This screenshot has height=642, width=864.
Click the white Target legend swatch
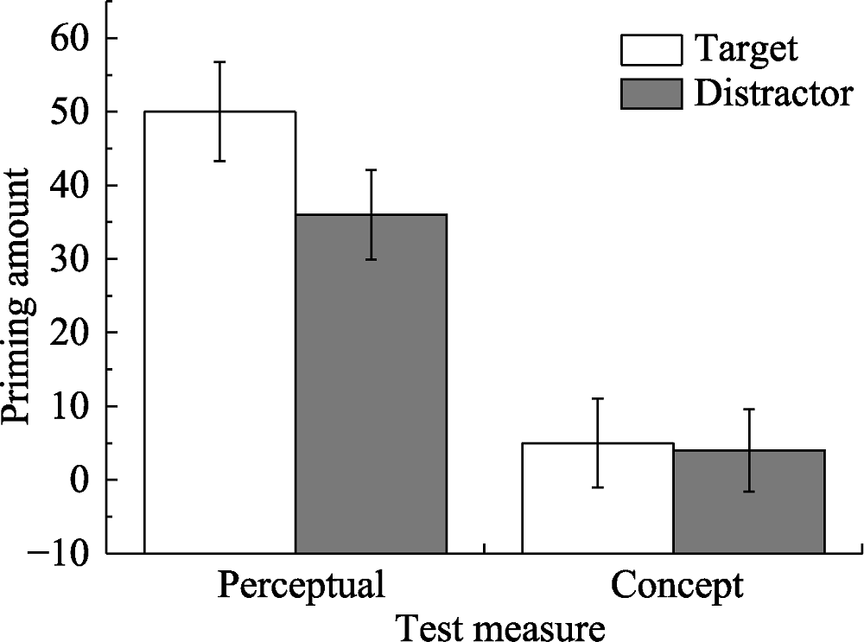pyautogui.click(x=650, y=50)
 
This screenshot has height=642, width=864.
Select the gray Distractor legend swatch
pyautogui.click(x=650, y=93)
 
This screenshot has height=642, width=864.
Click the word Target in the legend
pyautogui.click(x=746, y=49)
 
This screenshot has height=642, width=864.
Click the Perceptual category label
pyautogui.click(x=300, y=587)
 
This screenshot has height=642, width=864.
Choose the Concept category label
pyautogui.click(x=677, y=587)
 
